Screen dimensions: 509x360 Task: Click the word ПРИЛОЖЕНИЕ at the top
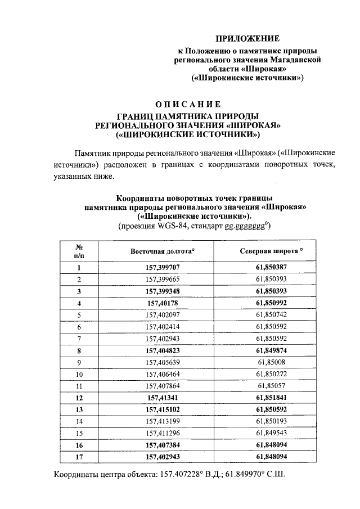coord(248,39)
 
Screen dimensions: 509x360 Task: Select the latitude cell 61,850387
coord(272,268)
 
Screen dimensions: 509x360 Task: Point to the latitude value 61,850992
coord(272,303)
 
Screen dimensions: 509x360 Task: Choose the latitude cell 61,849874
coord(272,350)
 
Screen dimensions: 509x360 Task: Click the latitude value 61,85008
coord(272,362)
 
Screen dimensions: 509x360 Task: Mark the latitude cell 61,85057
coord(272,386)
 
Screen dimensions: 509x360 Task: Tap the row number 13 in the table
coord(79,409)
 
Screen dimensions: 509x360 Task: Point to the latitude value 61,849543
coord(272,433)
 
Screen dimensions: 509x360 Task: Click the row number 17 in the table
coord(79,457)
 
